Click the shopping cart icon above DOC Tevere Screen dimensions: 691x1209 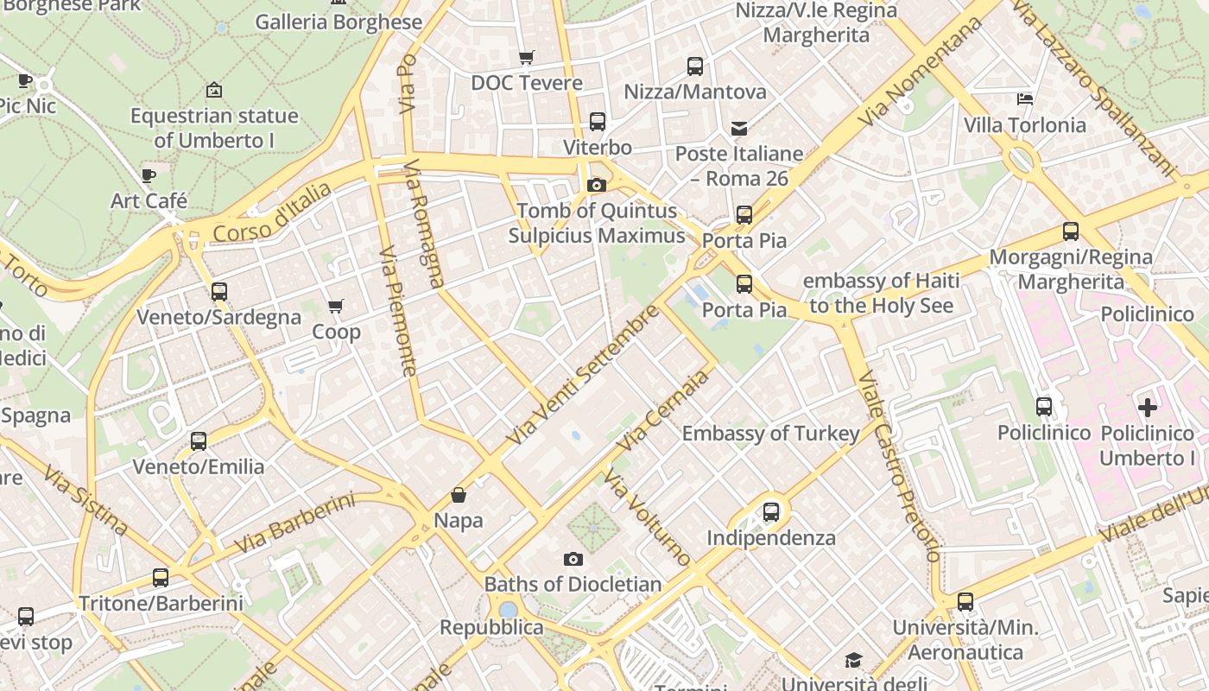click(526, 58)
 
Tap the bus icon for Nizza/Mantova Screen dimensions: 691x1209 click(695, 67)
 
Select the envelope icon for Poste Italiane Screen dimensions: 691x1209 click(739, 129)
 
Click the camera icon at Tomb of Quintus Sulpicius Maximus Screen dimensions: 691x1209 click(596, 185)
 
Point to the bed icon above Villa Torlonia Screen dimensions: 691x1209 click(1025, 99)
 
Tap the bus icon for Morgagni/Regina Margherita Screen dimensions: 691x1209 click(1071, 231)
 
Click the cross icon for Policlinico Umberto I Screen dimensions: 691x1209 click(1148, 407)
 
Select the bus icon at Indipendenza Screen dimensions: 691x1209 click(771, 512)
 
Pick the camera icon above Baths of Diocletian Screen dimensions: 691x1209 click(573, 559)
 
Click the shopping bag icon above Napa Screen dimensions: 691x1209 click(459, 495)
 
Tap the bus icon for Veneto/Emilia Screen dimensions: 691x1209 click(199, 441)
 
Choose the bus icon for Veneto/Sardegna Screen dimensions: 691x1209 click(219, 292)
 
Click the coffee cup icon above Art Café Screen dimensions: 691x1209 click(149, 176)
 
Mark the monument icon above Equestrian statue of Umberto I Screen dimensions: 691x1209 click(214, 90)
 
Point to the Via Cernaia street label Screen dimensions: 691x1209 click(663, 409)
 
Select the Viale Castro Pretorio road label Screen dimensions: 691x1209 click(898, 466)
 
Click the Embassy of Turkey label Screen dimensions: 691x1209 click(770, 434)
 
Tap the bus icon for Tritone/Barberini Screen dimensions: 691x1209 click(161, 578)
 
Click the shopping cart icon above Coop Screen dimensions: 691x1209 click(336, 306)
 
